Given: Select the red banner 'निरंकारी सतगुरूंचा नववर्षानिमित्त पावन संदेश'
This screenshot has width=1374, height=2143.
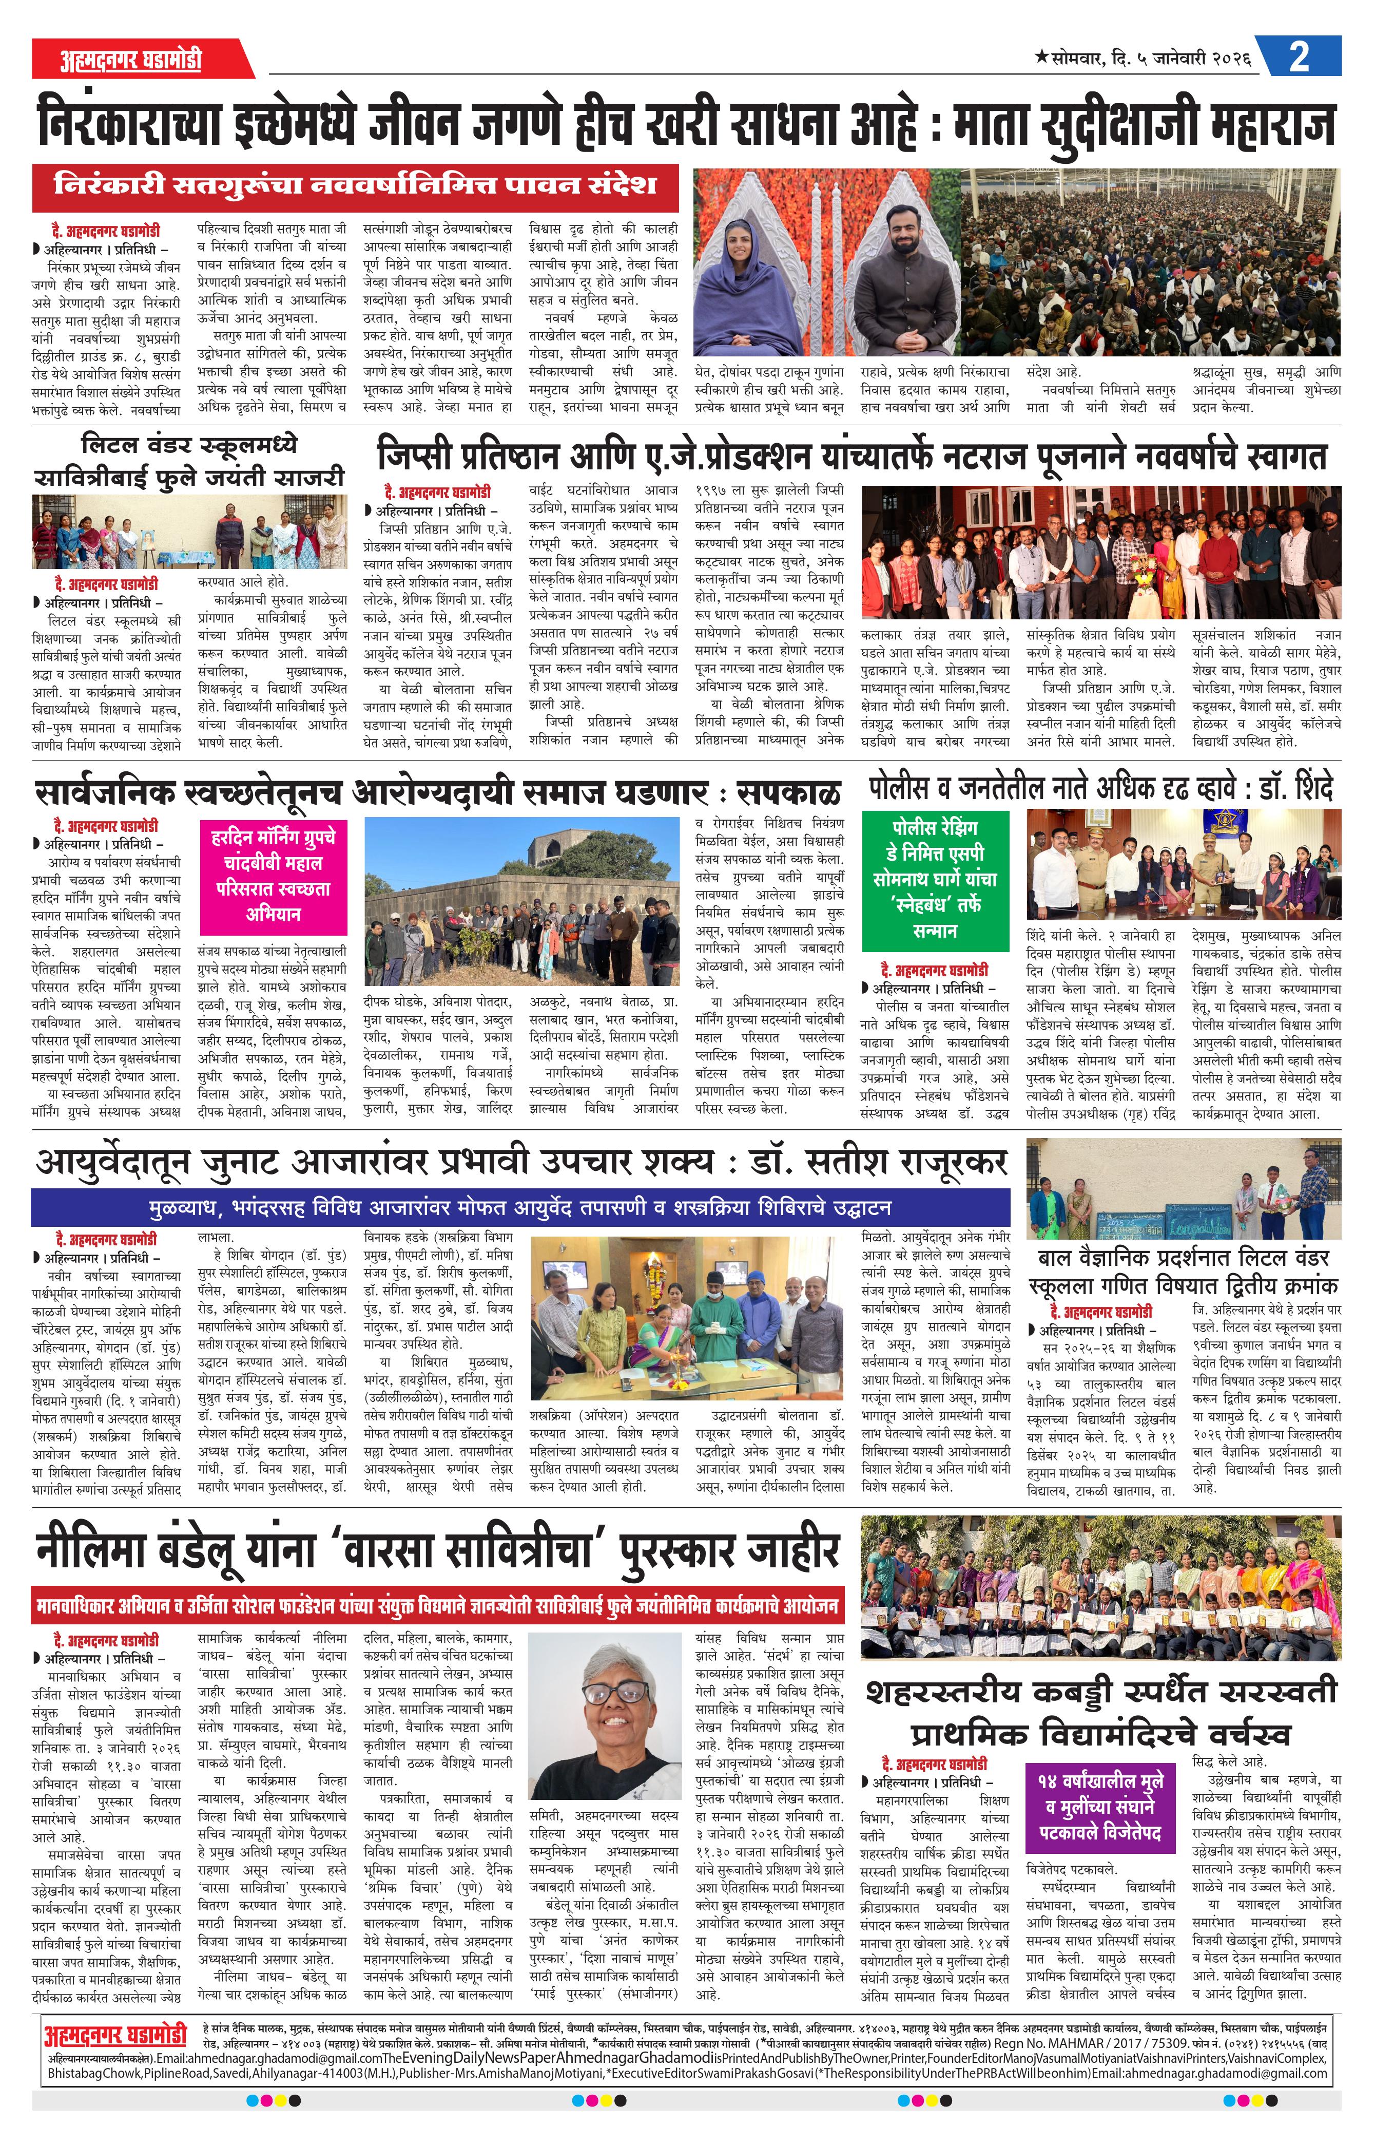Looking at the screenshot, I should coord(355,186).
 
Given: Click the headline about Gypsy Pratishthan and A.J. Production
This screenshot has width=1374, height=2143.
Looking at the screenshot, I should coord(852,455).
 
